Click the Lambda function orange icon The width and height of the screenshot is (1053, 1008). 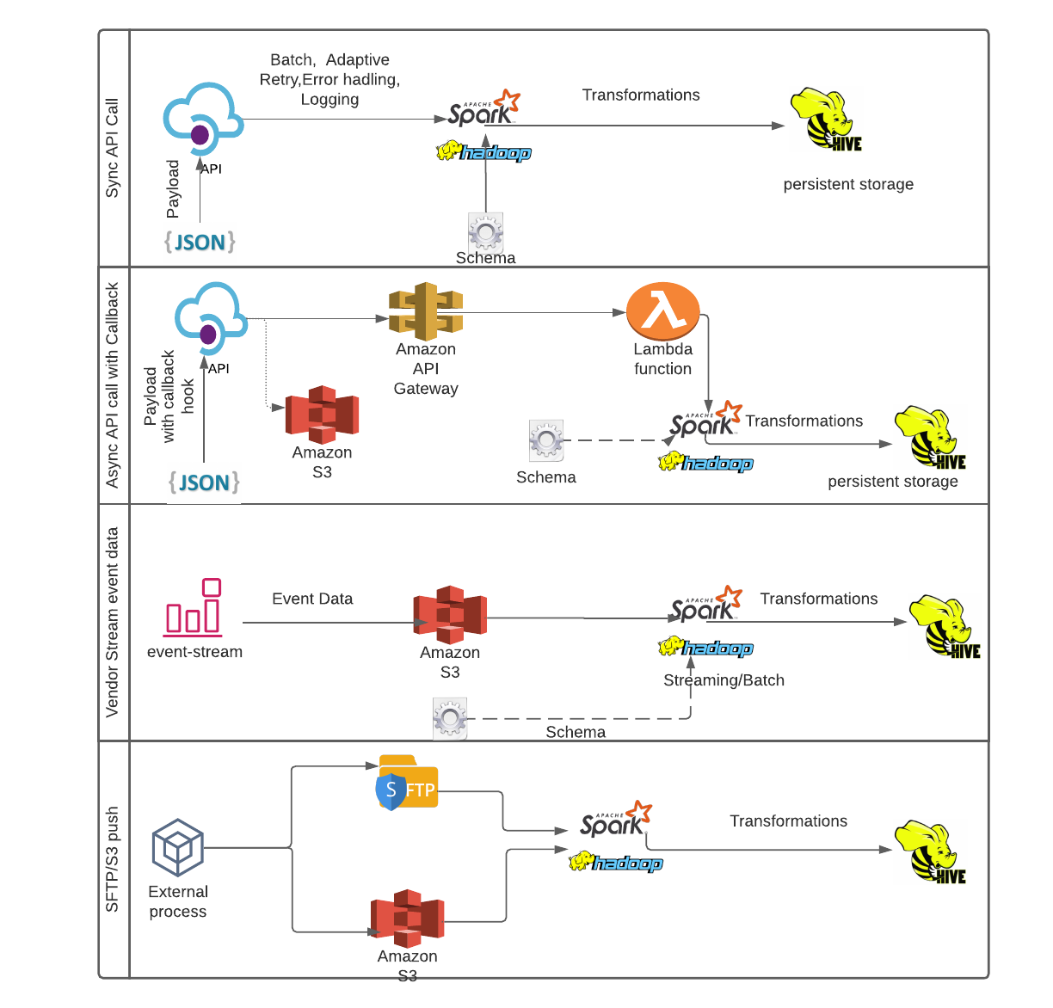click(x=662, y=311)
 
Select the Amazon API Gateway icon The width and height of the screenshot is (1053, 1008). click(x=426, y=311)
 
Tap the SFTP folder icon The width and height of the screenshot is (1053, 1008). click(x=408, y=783)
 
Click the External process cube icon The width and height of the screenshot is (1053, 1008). click(x=178, y=848)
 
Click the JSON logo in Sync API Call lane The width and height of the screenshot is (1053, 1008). click(x=200, y=242)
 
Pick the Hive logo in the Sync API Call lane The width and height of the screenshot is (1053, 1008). click(x=825, y=120)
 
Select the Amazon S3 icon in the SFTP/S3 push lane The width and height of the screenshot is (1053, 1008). click(x=407, y=917)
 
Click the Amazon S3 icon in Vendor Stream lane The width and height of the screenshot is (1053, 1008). click(x=450, y=614)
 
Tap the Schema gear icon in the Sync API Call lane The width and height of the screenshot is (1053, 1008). click(x=486, y=231)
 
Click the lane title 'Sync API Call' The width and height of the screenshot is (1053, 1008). click(x=113, y=148)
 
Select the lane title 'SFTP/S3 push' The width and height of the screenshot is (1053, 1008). click(x=113, y=859)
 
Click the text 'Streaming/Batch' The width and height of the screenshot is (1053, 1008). click(x=724, y=680)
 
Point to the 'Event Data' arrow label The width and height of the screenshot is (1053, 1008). click(x=312, y=599)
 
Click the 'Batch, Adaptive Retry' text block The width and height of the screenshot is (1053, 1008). click(x=329, y=79)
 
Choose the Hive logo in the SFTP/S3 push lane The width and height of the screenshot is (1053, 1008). click(x=930, y=851)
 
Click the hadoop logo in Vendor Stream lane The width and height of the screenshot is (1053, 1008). click(x=705, y=648)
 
